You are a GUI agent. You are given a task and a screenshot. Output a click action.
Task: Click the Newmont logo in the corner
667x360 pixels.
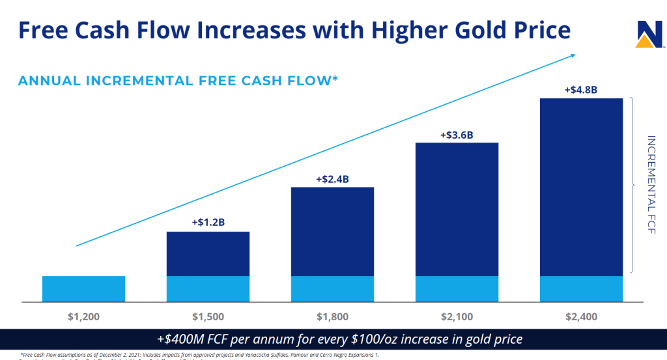point(647,35)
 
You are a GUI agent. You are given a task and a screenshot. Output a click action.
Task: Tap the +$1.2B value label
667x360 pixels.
point(208,222)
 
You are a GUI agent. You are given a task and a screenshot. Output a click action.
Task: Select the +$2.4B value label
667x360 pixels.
point(332,178)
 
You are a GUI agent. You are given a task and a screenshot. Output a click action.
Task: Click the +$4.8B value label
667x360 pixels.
point(581,89)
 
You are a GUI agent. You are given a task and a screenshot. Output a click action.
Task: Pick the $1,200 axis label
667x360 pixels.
point(84,317)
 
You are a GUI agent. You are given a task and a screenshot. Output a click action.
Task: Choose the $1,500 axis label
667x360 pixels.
point(208,317)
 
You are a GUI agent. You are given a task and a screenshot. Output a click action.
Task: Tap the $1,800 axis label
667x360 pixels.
point(332,317)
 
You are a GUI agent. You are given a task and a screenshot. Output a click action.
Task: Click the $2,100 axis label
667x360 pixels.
point(457,317)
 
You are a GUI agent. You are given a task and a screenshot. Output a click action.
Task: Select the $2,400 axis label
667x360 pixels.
point(581,317)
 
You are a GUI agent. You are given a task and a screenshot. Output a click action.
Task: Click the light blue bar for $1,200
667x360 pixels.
point(84,289)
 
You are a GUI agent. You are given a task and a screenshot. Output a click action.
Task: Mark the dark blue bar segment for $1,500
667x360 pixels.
point(208,254)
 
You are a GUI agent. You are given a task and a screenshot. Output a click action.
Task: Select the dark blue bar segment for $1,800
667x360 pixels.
point(332,232)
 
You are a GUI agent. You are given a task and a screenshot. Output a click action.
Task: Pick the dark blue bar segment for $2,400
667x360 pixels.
point(581,187)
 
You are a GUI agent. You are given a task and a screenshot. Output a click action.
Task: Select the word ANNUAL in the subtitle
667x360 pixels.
point(49,81)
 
